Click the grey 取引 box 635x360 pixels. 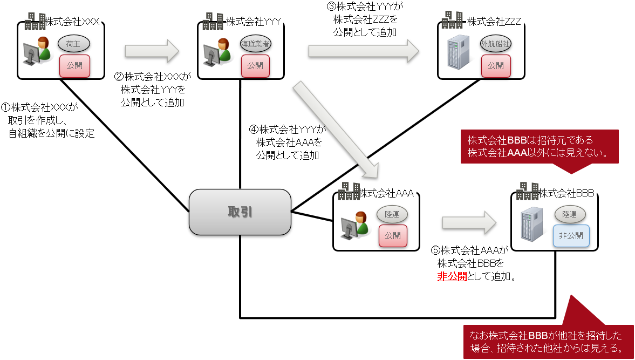coord(240,212)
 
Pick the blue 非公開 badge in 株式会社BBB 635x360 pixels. coord(571,236)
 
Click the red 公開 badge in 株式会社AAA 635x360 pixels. coord(393,235)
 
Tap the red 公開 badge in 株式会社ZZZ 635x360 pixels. coord(496,66)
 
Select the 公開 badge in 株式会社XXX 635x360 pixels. coord(74,66)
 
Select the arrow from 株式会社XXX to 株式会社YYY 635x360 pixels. coord(152,51)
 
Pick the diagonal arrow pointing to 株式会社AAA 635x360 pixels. coord(336,130)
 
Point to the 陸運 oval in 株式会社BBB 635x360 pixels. coord(570,214)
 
